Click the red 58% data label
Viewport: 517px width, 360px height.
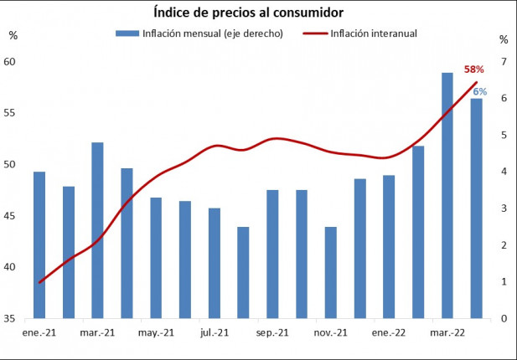(474, 69)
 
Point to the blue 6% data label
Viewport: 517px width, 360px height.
(480, 91)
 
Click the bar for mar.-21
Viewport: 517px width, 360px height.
(97, 230)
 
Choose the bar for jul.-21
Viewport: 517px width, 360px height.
(215, 263)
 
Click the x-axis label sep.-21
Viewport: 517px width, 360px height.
(272, 332)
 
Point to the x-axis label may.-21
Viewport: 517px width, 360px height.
(156, 332)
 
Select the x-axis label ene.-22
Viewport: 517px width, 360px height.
(389, 332)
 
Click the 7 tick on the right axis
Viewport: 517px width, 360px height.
(504, 62)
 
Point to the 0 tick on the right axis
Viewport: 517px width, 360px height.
(504, 319)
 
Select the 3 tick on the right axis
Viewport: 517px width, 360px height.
(504, 208)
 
